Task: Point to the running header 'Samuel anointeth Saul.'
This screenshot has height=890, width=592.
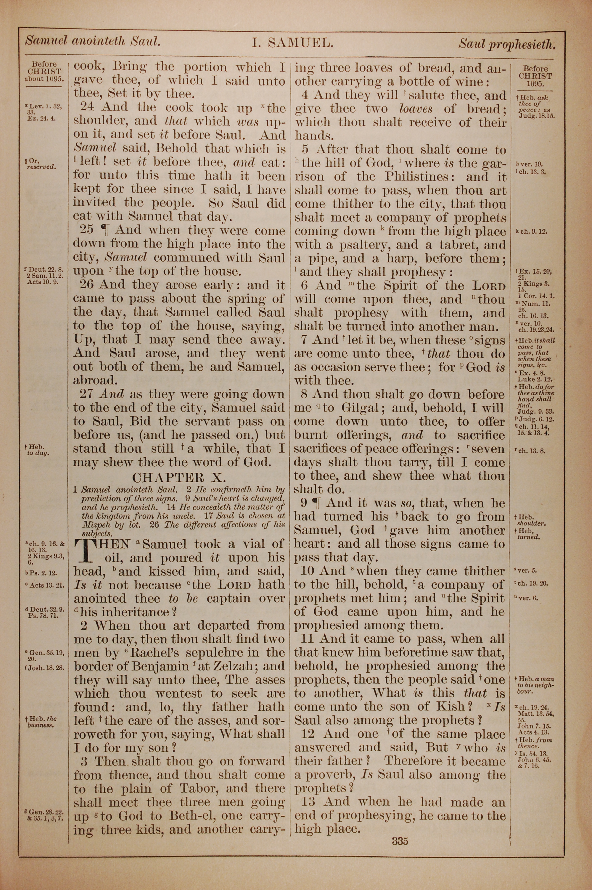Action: coord(93,41)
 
